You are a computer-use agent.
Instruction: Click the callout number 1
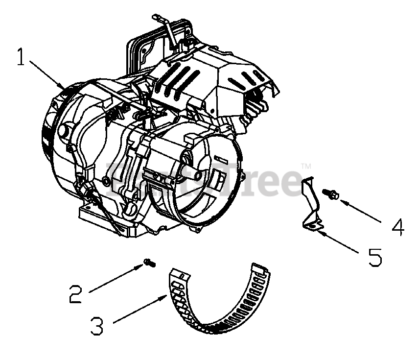tap(21, 57)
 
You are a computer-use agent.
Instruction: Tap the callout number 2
tap(76, 292)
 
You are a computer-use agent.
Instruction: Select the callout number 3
tap(97, 325)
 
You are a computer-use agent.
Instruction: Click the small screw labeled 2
tap(148, 264)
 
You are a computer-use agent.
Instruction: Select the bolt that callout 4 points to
tap(331, 195)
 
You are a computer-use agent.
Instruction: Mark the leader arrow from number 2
tap(116, 277)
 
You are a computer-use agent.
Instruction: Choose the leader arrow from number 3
tap(139, 309)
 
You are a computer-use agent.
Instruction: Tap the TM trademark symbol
tap(305, 166)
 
